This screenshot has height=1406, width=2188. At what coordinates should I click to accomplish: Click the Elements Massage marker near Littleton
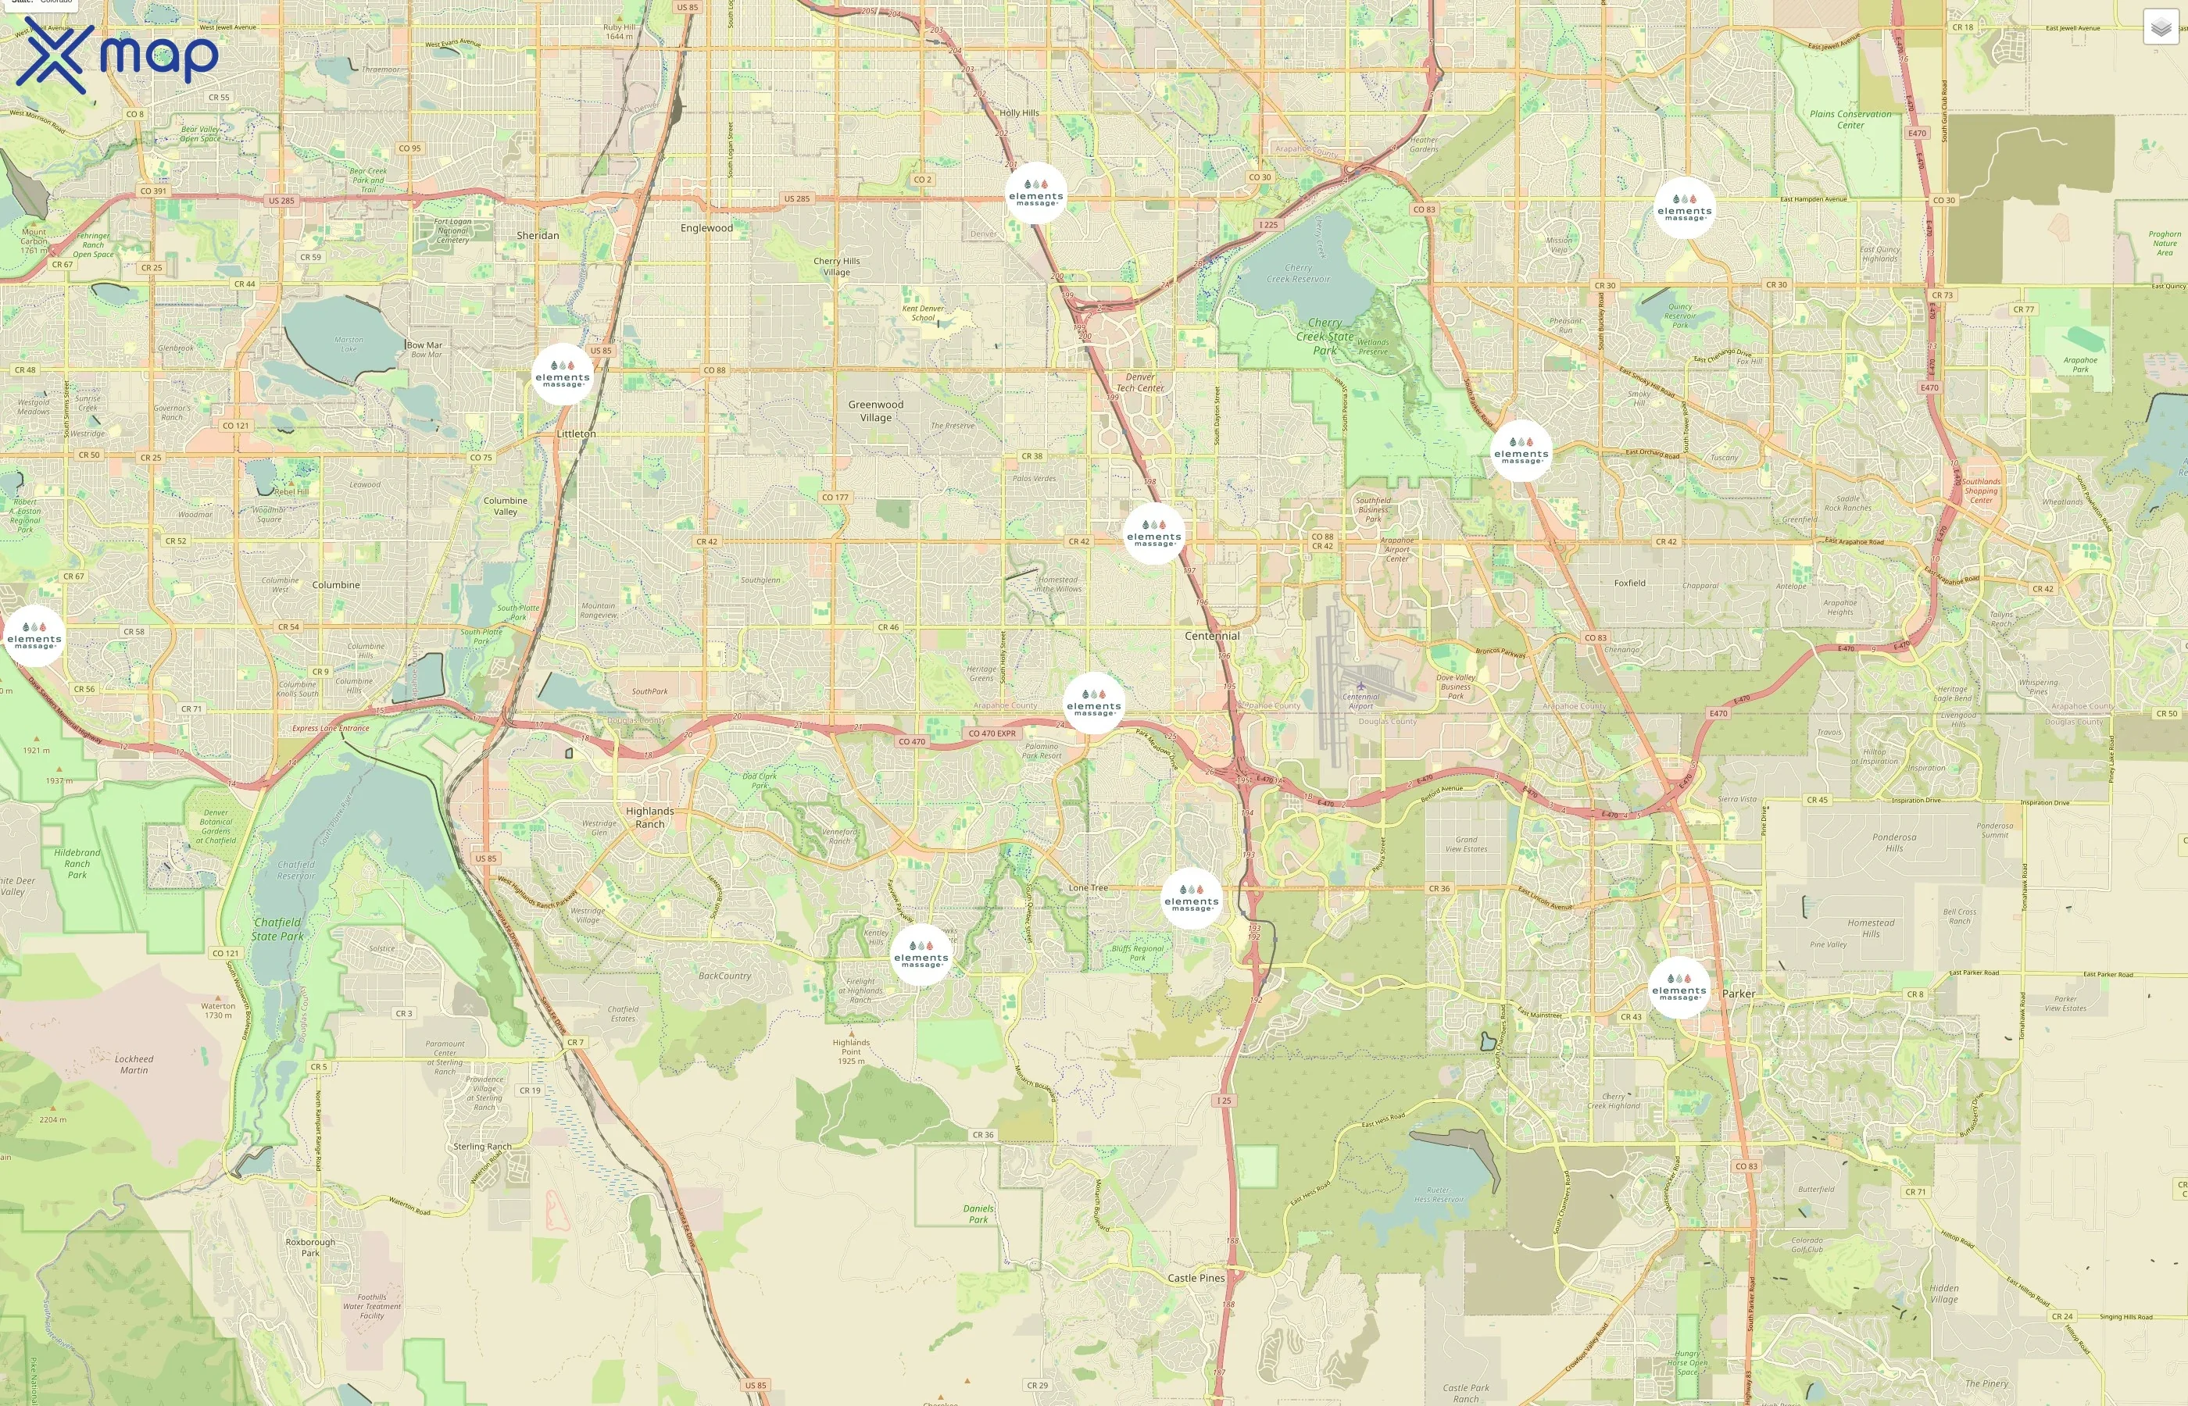(x=563, y=374)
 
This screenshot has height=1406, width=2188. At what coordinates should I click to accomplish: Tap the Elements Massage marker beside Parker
(x=1679, y=987)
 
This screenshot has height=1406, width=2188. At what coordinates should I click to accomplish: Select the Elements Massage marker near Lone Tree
(x=1191, y=898)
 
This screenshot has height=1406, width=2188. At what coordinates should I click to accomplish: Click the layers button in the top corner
(x=2161, y=27)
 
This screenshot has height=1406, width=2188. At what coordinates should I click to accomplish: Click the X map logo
(x=117, y=55)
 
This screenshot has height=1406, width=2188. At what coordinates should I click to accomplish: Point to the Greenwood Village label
(x=876, y=411)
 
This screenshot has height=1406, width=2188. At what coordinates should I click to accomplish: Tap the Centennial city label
(x=1212, y=636)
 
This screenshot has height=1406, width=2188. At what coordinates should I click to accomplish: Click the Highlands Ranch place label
(x=650, y=817)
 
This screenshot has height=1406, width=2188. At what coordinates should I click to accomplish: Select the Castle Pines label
(x=1196, y=1277)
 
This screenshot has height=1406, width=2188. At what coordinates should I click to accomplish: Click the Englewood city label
(x=706, y=227)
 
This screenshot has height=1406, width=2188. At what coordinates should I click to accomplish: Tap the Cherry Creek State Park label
(x=1325, y=336)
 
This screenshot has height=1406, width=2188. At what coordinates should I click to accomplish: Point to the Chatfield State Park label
(x=277, y=929)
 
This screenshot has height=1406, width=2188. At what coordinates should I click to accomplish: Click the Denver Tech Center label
(x=1139, y=382)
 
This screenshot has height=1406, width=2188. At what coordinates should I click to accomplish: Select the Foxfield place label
(x=1629, y=583)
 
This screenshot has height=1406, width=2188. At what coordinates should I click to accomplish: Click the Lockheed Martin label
(x=134, y=1064)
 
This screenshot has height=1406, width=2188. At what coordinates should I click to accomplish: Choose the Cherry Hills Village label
(x=836, y=266)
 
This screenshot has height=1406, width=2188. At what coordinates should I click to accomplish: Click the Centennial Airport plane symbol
(x=1360, y=685)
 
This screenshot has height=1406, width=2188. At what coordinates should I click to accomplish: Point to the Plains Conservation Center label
(x=1850, y=120)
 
